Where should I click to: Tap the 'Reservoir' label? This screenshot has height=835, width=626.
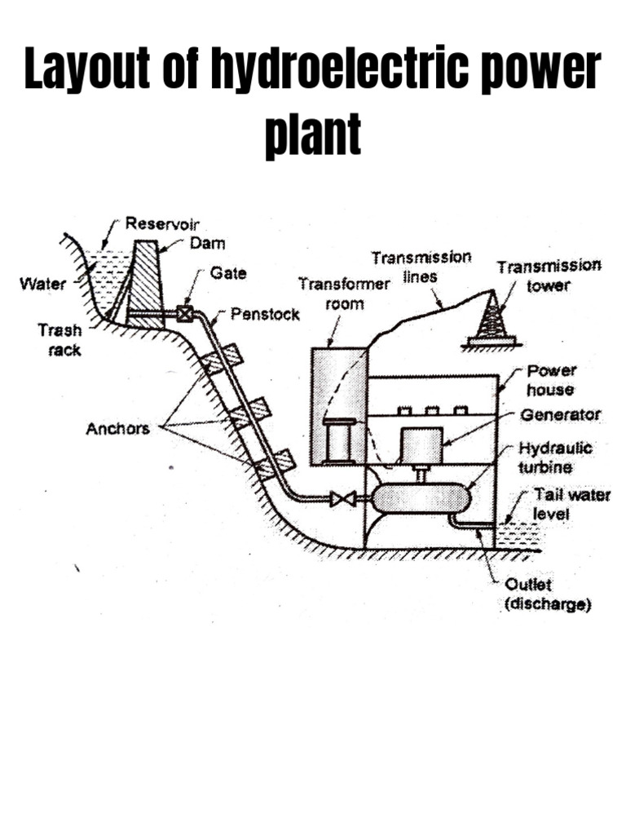(x=162, y=223)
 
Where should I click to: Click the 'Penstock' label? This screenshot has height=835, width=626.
(x=265, y=314)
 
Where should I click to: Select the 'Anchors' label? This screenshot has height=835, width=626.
(x=117, y=428)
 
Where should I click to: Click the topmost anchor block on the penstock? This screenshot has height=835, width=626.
(x=222, y=358)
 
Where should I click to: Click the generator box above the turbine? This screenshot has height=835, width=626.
(x=422, y=446)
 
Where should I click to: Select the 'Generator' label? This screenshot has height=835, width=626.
(x=560, y=415)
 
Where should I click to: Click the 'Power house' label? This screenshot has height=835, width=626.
(x=551, y=380)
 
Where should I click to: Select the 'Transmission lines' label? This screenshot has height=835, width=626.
(x=421, y=267)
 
